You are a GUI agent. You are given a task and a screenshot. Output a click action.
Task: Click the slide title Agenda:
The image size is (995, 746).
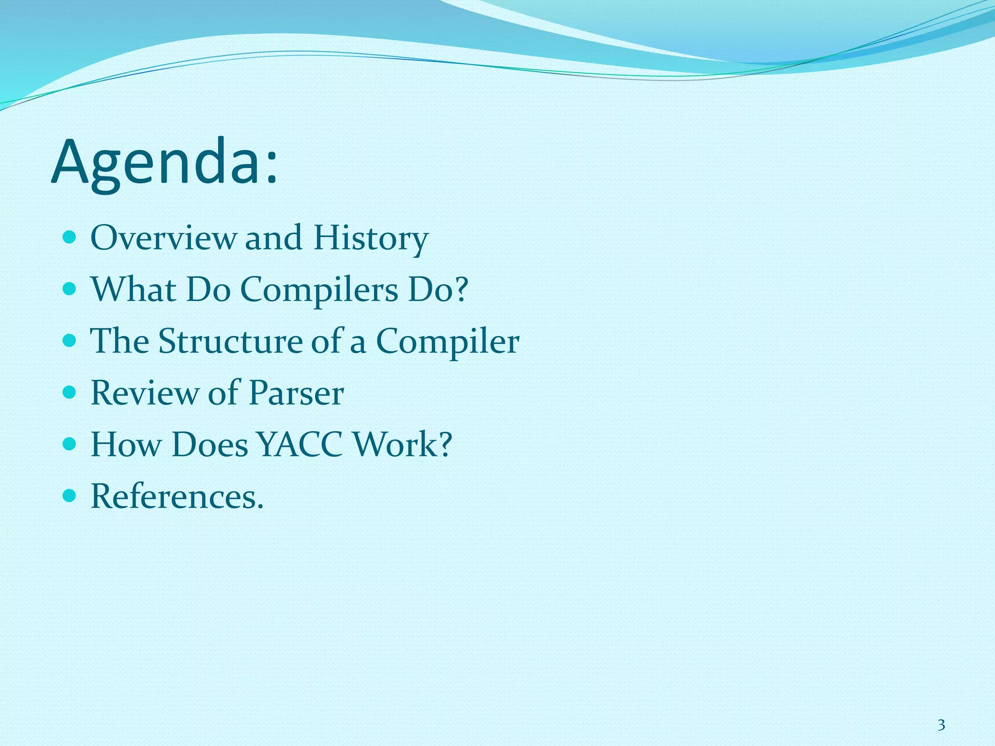coord(164,163)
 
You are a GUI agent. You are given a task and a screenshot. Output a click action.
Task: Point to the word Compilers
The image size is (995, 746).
coord(319,290)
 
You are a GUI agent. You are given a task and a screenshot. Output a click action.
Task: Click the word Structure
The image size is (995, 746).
coord(230,341)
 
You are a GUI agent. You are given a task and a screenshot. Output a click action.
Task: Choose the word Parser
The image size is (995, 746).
coord(296,393)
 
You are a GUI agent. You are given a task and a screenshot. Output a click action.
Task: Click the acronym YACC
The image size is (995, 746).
coord(300,444)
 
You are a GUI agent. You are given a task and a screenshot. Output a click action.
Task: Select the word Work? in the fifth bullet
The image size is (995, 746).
coord(402,444)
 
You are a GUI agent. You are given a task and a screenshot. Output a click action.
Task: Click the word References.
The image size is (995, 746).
coord(177,496)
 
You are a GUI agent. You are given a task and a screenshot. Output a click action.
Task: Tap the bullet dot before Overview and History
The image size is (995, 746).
coord(70,237)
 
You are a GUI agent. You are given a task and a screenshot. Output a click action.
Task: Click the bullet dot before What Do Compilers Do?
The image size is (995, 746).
coord(70,289)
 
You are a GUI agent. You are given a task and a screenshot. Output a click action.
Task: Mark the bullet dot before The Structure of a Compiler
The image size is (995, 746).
coord(70,341)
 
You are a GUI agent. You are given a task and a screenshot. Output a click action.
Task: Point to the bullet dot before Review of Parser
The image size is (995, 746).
coord(70,392)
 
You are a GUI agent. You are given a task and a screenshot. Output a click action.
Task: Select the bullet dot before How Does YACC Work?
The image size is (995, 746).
coord(70,444)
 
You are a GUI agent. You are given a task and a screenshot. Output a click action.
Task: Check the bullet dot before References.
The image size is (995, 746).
coord(70,496)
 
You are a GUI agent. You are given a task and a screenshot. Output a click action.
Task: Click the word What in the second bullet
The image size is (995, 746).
coord(133,290)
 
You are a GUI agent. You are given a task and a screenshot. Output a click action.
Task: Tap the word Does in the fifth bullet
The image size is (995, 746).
coord(209,444)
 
